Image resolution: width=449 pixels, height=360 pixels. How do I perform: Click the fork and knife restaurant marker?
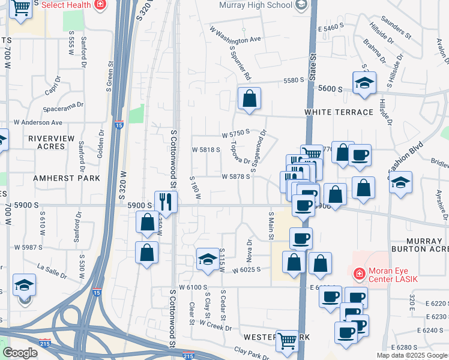point(166,201)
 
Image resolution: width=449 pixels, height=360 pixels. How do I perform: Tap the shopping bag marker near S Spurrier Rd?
point(249,98)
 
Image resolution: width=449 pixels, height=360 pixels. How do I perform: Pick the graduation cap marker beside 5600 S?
point(364,83)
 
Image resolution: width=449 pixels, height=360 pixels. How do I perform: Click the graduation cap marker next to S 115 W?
point(208,259)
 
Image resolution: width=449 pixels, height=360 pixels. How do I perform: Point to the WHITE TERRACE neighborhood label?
point(330,112)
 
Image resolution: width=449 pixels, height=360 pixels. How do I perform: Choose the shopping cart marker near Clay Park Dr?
point(288,341)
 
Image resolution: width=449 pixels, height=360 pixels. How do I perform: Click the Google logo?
point(20,353)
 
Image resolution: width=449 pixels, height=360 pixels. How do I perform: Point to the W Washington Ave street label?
point(235,35)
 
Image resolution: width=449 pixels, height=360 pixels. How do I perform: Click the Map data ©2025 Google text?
point(412,355)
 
